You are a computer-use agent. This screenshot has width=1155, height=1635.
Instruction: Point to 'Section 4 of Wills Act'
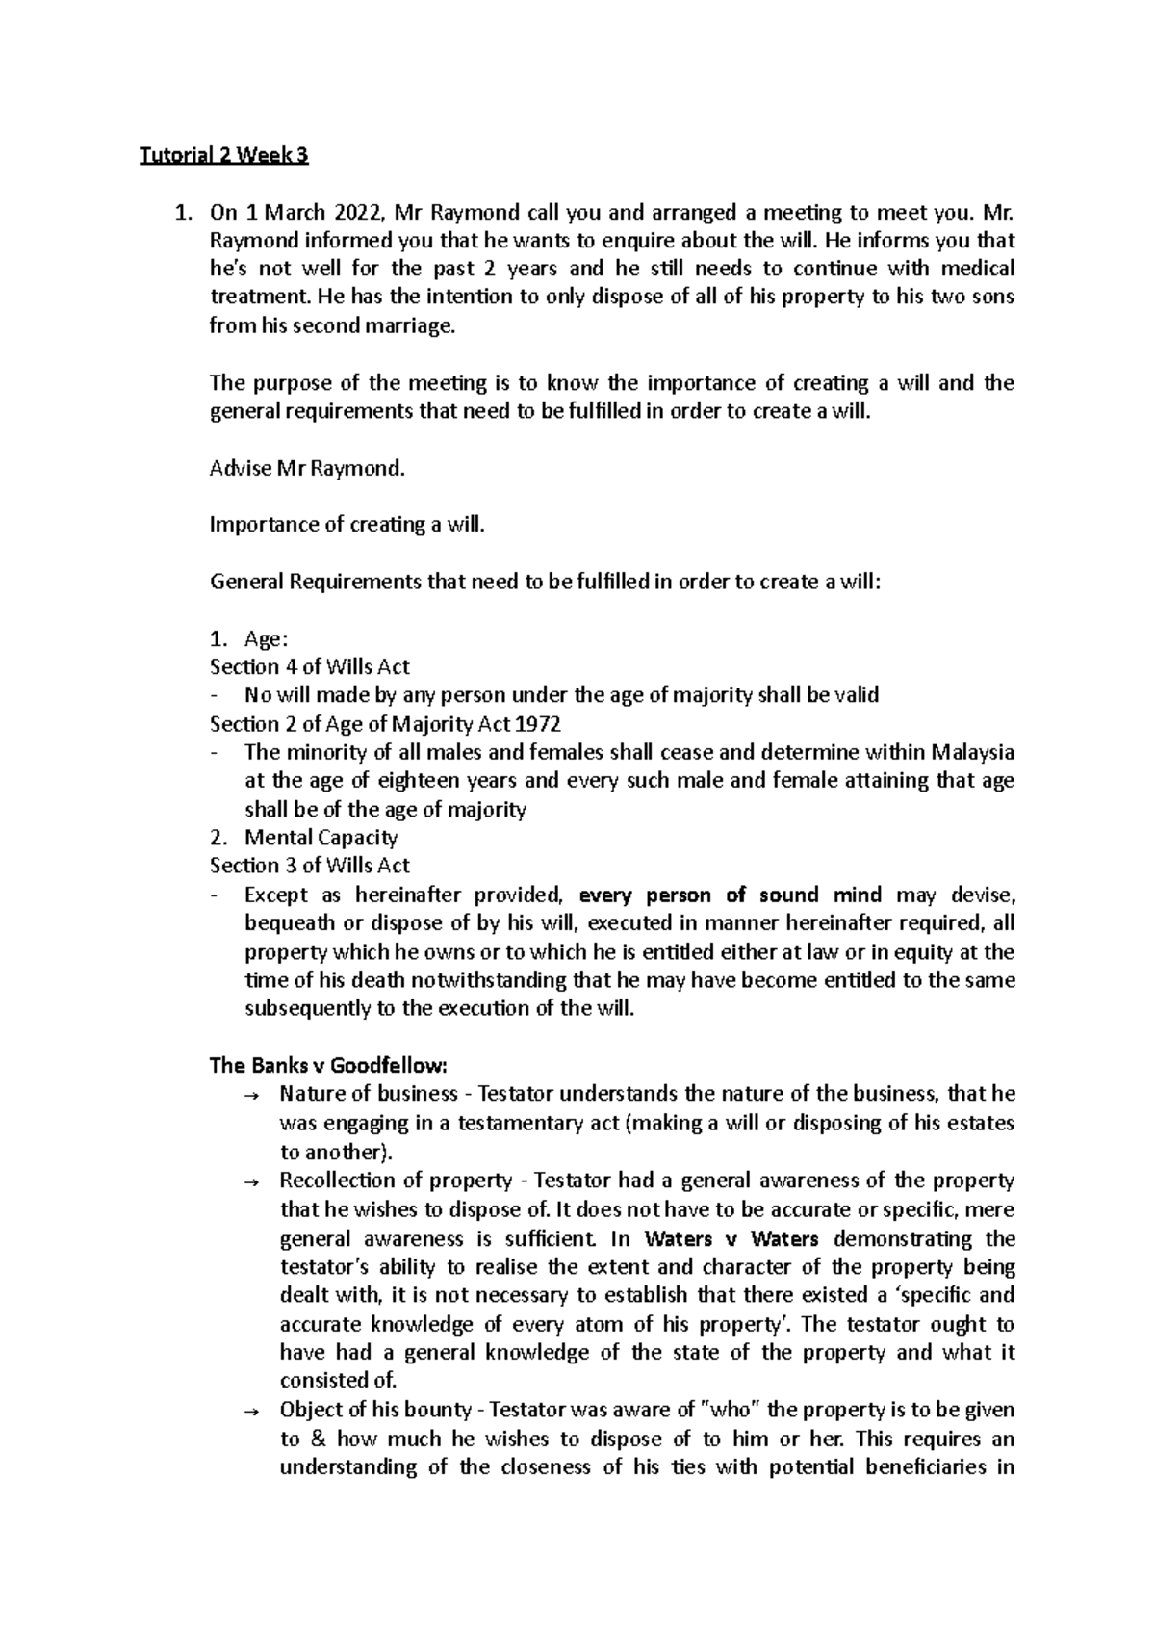click(x=310, y=667)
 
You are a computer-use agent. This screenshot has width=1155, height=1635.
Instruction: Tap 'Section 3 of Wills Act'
click(x=310, y=866)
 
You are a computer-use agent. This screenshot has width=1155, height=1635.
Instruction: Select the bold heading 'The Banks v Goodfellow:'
click(x=329, y=1066)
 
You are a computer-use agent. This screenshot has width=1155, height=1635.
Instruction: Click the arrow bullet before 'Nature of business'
click(x=252, y=1096)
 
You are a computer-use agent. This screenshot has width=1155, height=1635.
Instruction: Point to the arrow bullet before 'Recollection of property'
click(x=252, y=1181)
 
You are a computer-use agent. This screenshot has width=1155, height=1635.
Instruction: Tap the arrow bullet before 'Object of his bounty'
click(x=252, y=1411)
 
